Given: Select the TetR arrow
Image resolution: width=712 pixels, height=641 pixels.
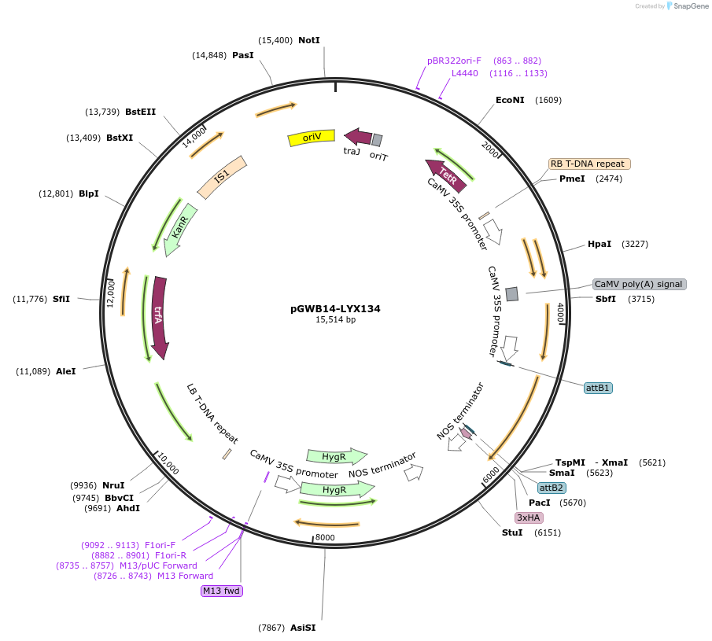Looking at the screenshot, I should (445, 175).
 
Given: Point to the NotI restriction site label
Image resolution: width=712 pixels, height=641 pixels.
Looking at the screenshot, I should (309, 40).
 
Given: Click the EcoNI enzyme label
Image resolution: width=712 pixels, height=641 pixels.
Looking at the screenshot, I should (510, 100).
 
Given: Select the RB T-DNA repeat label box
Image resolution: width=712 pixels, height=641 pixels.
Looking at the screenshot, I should (589, 164).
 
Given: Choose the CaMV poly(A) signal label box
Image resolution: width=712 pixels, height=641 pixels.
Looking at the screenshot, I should (639, 284).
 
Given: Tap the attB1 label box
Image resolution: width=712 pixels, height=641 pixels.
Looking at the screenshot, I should (598, 388).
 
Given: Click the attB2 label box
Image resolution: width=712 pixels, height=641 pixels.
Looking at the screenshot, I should (552, 488).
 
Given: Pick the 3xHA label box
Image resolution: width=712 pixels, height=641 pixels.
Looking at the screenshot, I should (529, 518).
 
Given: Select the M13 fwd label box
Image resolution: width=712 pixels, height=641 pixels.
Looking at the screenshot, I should (222, 591).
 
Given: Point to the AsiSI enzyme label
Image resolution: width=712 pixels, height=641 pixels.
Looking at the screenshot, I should (303, 628).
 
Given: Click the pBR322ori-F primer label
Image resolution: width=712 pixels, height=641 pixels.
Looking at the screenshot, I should (454, 61).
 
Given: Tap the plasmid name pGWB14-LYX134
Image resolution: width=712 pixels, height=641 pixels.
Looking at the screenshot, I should (335, 309).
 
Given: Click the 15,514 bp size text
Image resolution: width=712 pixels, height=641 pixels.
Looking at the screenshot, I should (335, 320).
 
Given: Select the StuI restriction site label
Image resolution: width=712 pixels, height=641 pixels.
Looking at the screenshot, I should (511, 533).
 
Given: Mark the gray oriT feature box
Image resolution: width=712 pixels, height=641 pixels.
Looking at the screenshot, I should (377, 140).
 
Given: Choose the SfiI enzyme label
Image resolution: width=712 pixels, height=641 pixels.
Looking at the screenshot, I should (61, 299).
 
